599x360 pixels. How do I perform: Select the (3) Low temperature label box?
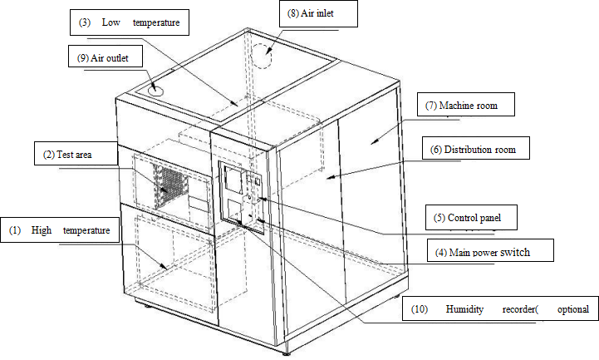pyautogui.click(x=129, y=22)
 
